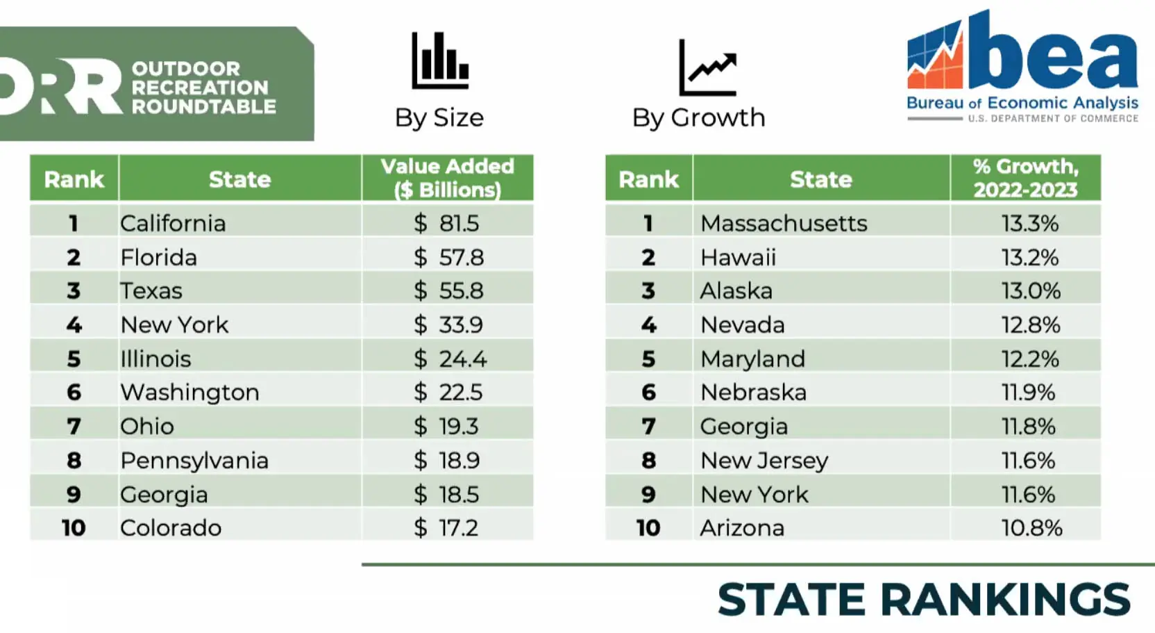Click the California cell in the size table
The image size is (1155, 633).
(x=173, y=223)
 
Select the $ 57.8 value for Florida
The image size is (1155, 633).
(x=448, y=257)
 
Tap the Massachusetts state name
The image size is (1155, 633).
(x=783, y=223)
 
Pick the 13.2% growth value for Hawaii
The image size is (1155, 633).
(x=1029, y=257)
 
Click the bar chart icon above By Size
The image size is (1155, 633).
(x=440, y=61)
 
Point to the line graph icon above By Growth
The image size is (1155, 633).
(x=707, y=68)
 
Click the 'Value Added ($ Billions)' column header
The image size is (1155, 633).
(x=447, y=178)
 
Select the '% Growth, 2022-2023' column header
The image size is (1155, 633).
(x=1025, y=178)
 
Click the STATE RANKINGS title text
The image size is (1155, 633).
(x=923, y=600)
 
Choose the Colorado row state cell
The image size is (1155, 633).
(x=171, y=528)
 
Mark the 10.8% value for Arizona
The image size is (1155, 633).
(x=1031, y=528)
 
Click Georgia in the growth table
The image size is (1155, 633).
(x=743, y=426)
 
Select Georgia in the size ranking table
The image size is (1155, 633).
(x=164, y=494)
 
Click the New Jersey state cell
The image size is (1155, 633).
(x=764, y=460)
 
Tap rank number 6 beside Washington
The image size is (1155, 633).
(x=74, y=393)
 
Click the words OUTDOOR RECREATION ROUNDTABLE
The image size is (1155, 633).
(x=203, y=88)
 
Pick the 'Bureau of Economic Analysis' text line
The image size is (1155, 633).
(x=1022, y=103)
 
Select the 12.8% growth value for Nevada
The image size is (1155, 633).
(x=1030, y=324)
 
